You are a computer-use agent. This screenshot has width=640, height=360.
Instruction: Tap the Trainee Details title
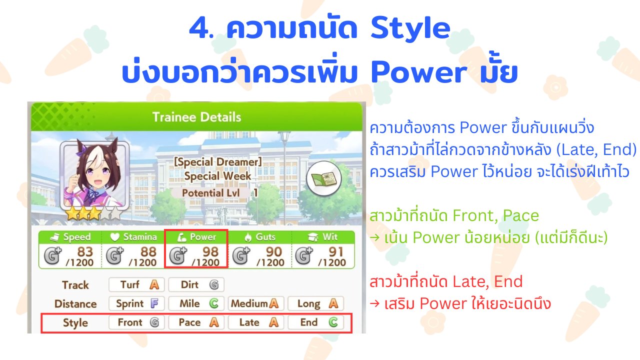click(x=196, y=117)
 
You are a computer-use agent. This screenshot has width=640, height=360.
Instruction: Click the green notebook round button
click(x=323, y=178)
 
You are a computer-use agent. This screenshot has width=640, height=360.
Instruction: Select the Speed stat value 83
click(x=85, y=251)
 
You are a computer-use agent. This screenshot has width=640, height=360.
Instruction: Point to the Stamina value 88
click(x=148, y=251)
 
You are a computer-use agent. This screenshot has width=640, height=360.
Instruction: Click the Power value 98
click(x=210, y=251)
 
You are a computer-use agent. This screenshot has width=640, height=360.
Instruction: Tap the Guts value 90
click(x=274, y=251)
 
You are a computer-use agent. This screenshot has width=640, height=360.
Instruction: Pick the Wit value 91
click(x=336, y=251)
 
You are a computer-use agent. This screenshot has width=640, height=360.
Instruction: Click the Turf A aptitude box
click(x=136, y=284)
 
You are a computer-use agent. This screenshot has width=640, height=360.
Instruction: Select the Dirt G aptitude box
click(x=196, y=284)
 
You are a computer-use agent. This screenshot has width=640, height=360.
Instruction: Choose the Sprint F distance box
click(x=136, y=303)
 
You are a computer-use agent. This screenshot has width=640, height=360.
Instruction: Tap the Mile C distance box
click(x=196, y=303)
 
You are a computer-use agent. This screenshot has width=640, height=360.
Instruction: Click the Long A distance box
click(x=315, y=303)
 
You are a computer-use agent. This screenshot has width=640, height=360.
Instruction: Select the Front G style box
click(x=136, y=322)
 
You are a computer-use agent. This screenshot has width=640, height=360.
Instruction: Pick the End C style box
click(x=315, y=322)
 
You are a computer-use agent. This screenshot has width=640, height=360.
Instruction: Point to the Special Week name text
click(x=217, y=176)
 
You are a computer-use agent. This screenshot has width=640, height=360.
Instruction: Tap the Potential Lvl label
click(x=211, y=193)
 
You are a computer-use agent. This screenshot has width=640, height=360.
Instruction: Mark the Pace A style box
click(x=196, y=322)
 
